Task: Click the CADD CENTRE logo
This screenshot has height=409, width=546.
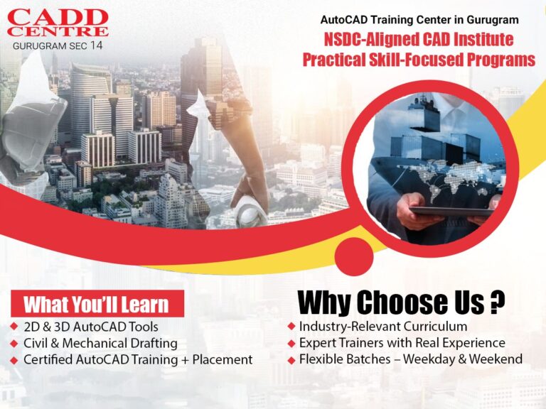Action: pos(58,23)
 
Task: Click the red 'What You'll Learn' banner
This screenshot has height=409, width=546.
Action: pos(97,304)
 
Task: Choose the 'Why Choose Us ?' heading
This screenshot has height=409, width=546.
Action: pos(401,302)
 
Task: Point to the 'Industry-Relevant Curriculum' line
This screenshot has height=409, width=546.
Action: pos(383,327)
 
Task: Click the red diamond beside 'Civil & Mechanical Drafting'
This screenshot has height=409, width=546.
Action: pos(15,343)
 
